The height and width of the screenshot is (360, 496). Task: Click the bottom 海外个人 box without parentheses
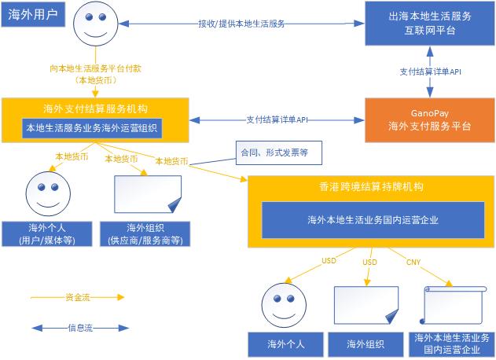point(285,343)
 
